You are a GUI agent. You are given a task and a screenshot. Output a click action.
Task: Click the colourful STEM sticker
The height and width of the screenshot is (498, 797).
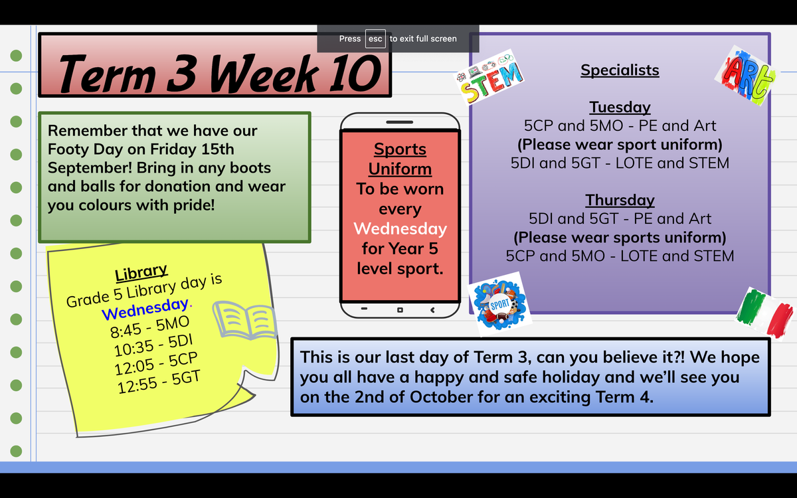(489, 77)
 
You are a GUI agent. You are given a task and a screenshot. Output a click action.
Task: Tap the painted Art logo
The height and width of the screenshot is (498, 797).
(746, 76)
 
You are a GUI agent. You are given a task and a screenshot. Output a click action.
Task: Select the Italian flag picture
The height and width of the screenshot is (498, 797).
(765, 313)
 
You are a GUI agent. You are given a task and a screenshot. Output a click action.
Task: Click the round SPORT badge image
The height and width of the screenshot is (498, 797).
(499, 304)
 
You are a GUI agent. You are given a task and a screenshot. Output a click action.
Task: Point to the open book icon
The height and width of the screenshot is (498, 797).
(245, 319)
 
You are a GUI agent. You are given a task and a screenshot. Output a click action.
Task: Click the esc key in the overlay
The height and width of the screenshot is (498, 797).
(375, 39)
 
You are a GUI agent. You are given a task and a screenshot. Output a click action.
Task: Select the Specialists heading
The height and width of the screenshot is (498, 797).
(620, 70)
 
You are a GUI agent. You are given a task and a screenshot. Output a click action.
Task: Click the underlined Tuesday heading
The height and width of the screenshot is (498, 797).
(620, 107)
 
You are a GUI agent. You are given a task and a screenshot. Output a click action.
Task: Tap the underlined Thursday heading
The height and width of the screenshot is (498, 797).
(620, 200)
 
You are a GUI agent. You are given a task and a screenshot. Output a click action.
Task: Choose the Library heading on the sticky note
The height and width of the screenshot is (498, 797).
(141, 272)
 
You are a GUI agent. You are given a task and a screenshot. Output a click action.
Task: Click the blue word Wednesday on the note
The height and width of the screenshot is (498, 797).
(145, 308)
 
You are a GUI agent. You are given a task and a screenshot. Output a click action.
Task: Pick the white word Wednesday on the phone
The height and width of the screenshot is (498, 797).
(400, 228)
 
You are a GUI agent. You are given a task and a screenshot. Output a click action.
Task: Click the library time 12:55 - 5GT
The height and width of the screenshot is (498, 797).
(159, 382)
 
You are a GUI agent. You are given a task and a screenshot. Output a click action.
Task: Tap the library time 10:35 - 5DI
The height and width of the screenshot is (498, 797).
(153, 345)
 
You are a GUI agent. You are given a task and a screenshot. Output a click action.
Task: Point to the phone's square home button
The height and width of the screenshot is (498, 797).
(400, 310)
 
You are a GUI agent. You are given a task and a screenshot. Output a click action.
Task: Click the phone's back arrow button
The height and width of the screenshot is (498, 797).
(432, 310)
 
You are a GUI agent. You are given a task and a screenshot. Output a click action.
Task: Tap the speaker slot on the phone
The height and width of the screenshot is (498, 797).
(400, 122)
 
